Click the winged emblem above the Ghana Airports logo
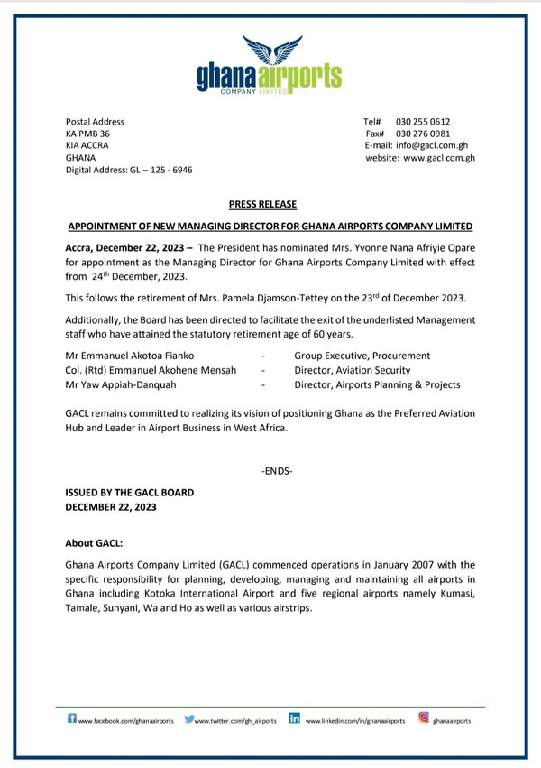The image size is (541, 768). [x=270, y=51]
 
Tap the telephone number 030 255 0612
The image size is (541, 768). [x=423, y=122]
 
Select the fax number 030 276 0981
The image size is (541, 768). [x=423, y=134]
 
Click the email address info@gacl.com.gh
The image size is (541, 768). [x=439, y=145]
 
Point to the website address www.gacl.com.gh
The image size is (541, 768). [x=439, y=158]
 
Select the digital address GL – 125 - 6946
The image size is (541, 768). [x=155, y=170]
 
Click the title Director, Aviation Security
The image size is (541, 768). [x=353, y=370]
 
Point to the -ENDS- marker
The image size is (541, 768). [x=277, y=472]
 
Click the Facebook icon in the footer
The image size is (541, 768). [x=72, y=719]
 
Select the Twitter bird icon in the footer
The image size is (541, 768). [x=189, y=719]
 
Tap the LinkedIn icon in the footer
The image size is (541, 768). [x=294, y=719]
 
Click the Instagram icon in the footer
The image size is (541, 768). [x=423, y=719]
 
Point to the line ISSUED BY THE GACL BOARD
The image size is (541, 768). [x=130, y=493]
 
